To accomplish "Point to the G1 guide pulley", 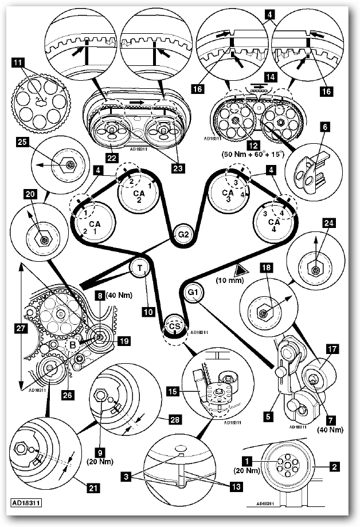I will coord(193,293).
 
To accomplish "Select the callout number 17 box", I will coord(332,348).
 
